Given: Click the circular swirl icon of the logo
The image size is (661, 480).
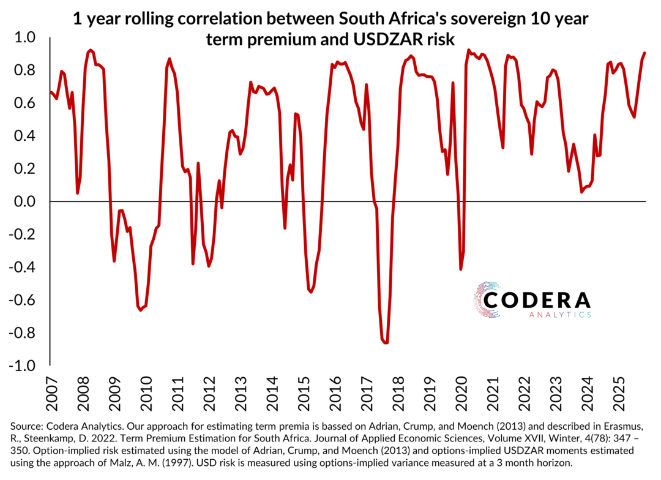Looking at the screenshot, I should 487,300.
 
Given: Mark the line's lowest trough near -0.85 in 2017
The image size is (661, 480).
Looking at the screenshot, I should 386,342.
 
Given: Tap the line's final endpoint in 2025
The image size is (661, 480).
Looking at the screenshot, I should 645,53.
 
